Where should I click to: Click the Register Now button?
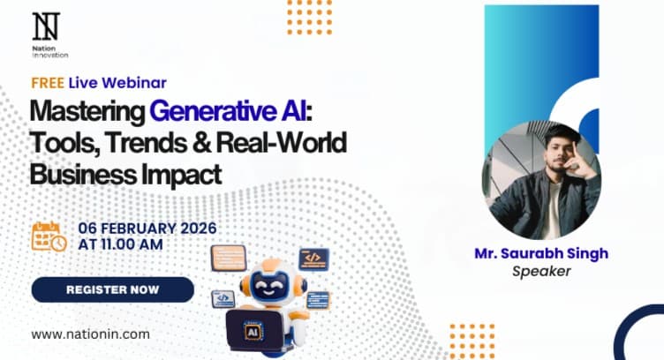click(x=112, y=289)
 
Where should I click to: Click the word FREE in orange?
click(x=47, y=83)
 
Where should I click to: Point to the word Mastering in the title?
click(x=87, y=112)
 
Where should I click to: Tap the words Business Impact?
click(x=124, y=173)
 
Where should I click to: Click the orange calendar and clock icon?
click(x=49, y=236)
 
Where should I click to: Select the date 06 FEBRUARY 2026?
click(x=147, y=229)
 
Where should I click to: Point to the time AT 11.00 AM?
click(x=122, y=245)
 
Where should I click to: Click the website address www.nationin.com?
click(x=90, y=334)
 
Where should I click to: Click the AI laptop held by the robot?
click(x=253, y=326)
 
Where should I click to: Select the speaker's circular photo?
click(x=542, y=180)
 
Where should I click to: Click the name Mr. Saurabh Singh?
click(x=541, y=254)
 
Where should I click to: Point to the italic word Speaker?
click(x=541, y=271)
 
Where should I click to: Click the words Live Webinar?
click(x=117, y=83)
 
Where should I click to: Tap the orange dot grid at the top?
click(x=309, y=17)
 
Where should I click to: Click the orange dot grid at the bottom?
click(x=472, y=341)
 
